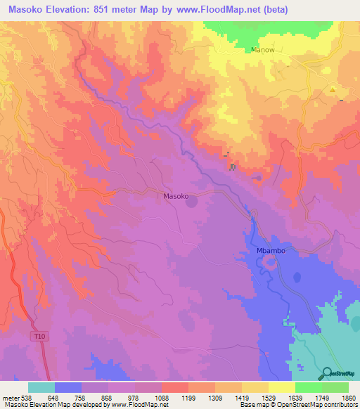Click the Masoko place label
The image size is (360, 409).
pos(176,197)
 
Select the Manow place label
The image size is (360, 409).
pos(263,50)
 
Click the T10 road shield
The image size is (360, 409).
pos(41,337)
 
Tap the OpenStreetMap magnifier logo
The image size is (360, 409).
pos(326,372)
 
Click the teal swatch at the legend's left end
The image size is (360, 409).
pos(41,387)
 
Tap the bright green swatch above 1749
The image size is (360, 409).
pos(308,387)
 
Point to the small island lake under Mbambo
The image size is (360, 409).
pos(268,265)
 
